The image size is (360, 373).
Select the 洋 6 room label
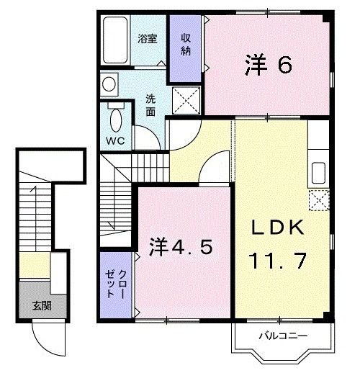click(x=267, y=66)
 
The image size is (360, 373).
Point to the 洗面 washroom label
click(x=150, y=105)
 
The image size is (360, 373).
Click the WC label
click(x=115, y=140)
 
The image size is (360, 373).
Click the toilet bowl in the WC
click(x=116, y=115)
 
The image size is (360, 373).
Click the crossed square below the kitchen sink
click(x=318, y=198)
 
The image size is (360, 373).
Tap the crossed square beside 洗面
click(x=186, y=100)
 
